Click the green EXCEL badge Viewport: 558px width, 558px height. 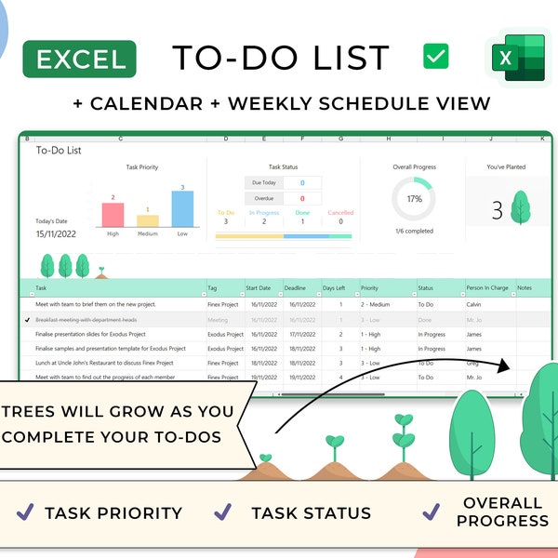coord(81,60)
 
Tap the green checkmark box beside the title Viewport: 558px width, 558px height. coord(435,56)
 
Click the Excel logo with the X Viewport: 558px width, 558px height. coord(518,60)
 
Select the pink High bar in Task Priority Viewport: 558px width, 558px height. coord(113,215)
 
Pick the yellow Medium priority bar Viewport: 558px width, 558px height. coord(148,220)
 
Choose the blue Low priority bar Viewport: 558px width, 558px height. coord(182,209)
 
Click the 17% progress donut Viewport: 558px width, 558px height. coord(414,199)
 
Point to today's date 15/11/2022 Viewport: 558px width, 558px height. coord(56,234)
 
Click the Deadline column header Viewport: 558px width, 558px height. coord(297,288)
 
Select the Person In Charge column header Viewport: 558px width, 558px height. coord(487,288)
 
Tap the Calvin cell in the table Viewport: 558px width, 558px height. coord(475,304)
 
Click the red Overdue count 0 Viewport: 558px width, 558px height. coord(302,198)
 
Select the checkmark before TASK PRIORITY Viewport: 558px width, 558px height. coord(26,511)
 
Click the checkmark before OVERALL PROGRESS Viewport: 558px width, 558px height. coord(431,511)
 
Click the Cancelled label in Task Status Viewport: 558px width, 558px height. coord(340,213)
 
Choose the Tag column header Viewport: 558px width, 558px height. coord(213,288)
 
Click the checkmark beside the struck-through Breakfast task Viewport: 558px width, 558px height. coord(27,319)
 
